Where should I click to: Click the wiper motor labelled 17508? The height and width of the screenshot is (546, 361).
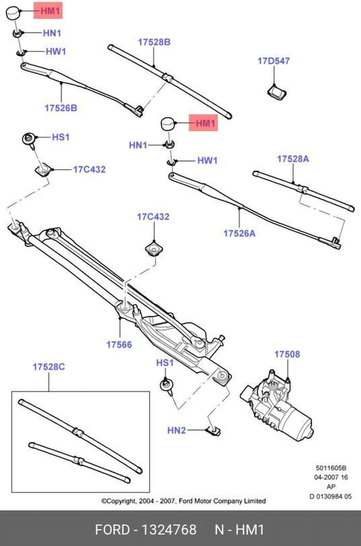[x=278, y=406]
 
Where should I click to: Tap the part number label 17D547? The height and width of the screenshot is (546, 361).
[x=273, y=61]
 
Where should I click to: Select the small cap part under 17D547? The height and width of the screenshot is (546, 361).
[x=277, y=92]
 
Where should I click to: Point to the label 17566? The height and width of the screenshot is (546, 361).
[x=119, y=344]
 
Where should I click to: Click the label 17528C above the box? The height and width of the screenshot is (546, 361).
[x=49, y=367]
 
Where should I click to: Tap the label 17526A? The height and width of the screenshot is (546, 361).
[x=239, y=233]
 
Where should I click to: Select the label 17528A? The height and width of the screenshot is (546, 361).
[x=293, y=159]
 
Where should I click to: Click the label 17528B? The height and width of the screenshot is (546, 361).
[x=154, y=42]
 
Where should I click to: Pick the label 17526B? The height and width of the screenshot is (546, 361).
[x=61, y=108]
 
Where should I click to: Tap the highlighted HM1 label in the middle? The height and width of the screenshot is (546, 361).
[x=204, y=123]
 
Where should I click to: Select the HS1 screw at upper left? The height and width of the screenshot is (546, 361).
[x=29, y=139]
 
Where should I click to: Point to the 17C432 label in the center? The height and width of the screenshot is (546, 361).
[x=153, y=217]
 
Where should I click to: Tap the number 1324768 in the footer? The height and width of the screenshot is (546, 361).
[x=168, y=530]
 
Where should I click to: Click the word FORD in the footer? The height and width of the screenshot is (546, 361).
[x=112, y=530]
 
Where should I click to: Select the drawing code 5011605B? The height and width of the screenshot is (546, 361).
[x=331, y=468]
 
